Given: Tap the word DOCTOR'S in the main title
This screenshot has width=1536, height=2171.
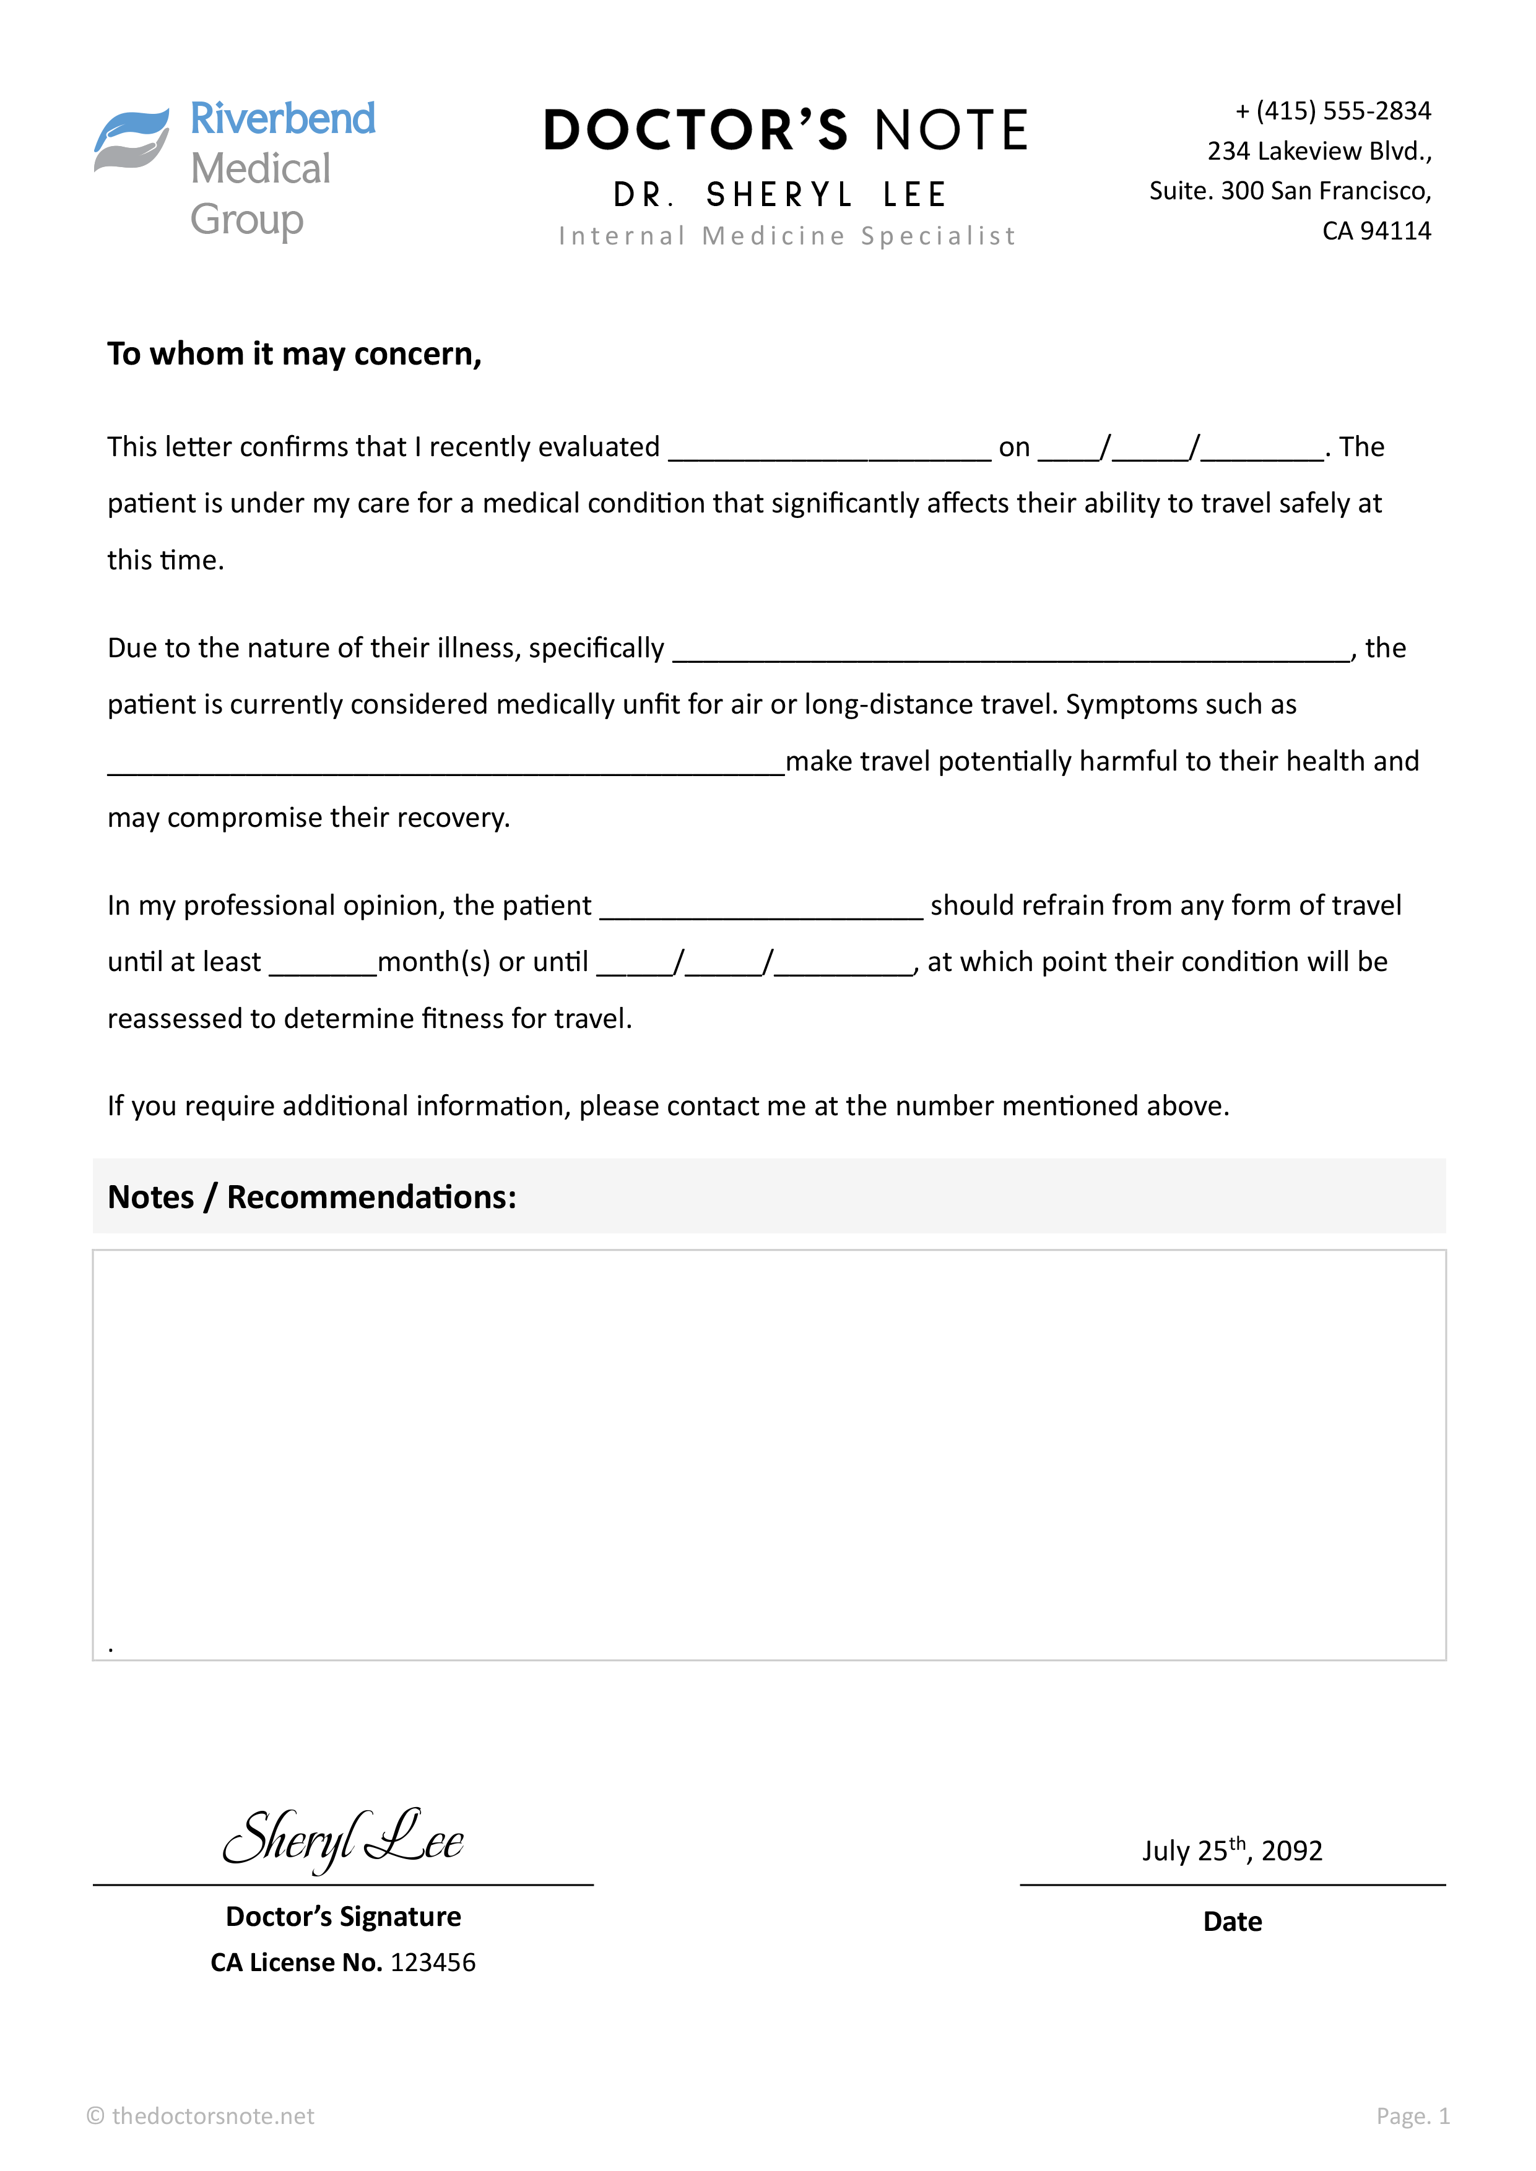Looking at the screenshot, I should (695, 131).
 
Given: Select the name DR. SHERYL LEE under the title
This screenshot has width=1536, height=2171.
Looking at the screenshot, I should (779, 195).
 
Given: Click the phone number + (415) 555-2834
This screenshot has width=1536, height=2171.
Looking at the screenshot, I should (1333, 111).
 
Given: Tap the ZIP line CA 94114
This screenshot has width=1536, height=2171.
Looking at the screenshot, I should (1376, 231).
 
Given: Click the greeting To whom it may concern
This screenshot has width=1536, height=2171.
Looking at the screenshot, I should (294, 353).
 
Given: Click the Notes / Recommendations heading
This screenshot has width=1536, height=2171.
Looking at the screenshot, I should (312, 1197).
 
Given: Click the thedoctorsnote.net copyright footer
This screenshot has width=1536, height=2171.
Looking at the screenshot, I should (201, 2116).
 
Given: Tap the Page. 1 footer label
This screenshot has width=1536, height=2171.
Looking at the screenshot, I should (1412, 2116).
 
